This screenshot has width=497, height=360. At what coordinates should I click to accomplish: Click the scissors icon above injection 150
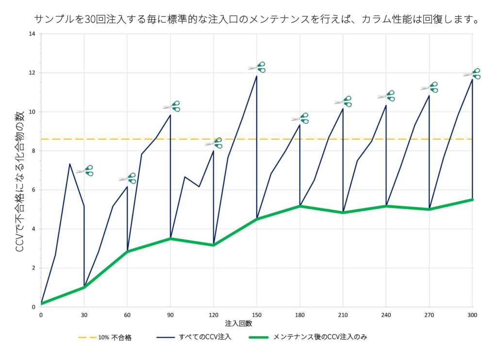coord(257,67)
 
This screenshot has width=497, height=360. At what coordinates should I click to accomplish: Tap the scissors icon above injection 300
coord(472,74)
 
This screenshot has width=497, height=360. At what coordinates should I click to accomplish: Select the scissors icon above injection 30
coord(84,170)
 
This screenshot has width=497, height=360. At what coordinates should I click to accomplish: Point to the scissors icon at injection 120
coord(214,143)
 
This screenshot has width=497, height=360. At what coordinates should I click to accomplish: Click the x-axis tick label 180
coord(299,315)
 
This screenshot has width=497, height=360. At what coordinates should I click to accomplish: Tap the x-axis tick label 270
coord(429,315)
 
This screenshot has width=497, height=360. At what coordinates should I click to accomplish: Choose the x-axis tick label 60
coord(127,315)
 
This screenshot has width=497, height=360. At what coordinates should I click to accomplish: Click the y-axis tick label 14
coord(32,33)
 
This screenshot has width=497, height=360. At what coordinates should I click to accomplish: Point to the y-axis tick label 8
coord(33,151)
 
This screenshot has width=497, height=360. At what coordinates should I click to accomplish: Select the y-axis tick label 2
coord(33,268)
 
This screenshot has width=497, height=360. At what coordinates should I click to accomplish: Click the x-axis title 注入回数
coord(239,324)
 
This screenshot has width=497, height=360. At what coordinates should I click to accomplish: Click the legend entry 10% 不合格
coord(105,338)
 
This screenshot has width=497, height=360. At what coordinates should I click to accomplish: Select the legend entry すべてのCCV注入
coord(194,337)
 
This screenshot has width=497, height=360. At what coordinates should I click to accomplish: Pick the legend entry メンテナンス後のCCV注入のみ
coord(308,337)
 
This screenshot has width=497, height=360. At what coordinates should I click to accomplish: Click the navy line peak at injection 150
coord(256,76)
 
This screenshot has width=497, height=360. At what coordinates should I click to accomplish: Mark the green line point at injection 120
coord(214,245)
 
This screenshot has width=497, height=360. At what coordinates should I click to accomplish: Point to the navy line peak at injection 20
coord(69,164)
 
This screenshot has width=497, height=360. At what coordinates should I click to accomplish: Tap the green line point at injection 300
coord(472,199)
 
